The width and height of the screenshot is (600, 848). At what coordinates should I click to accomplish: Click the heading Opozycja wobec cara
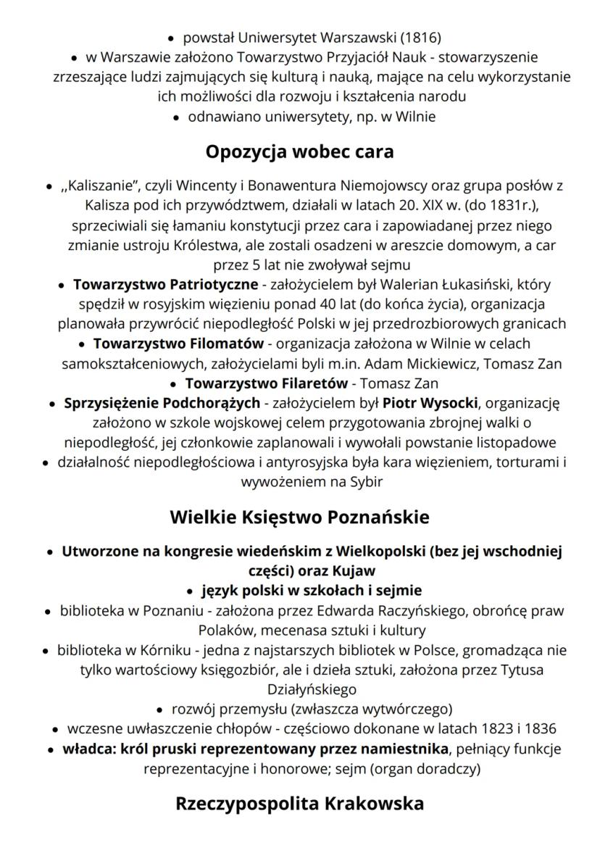click(x=299, y=151)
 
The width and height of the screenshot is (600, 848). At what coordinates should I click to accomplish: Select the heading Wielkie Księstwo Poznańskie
click(x=299, y=517)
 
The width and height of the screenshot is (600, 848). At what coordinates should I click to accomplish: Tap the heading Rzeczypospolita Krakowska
click(x=299, y=804)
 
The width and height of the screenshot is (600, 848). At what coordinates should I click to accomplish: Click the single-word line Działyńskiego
click(x=299, y=689)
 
